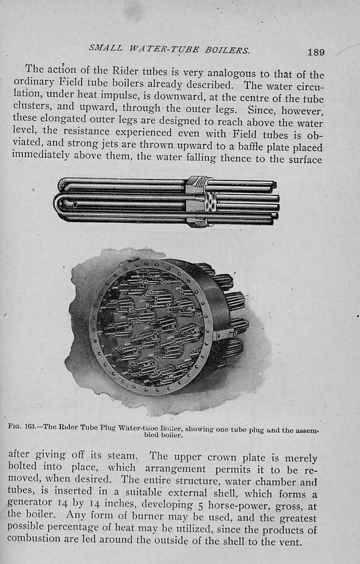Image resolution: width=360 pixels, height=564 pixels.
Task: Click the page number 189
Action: coord(316,52)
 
